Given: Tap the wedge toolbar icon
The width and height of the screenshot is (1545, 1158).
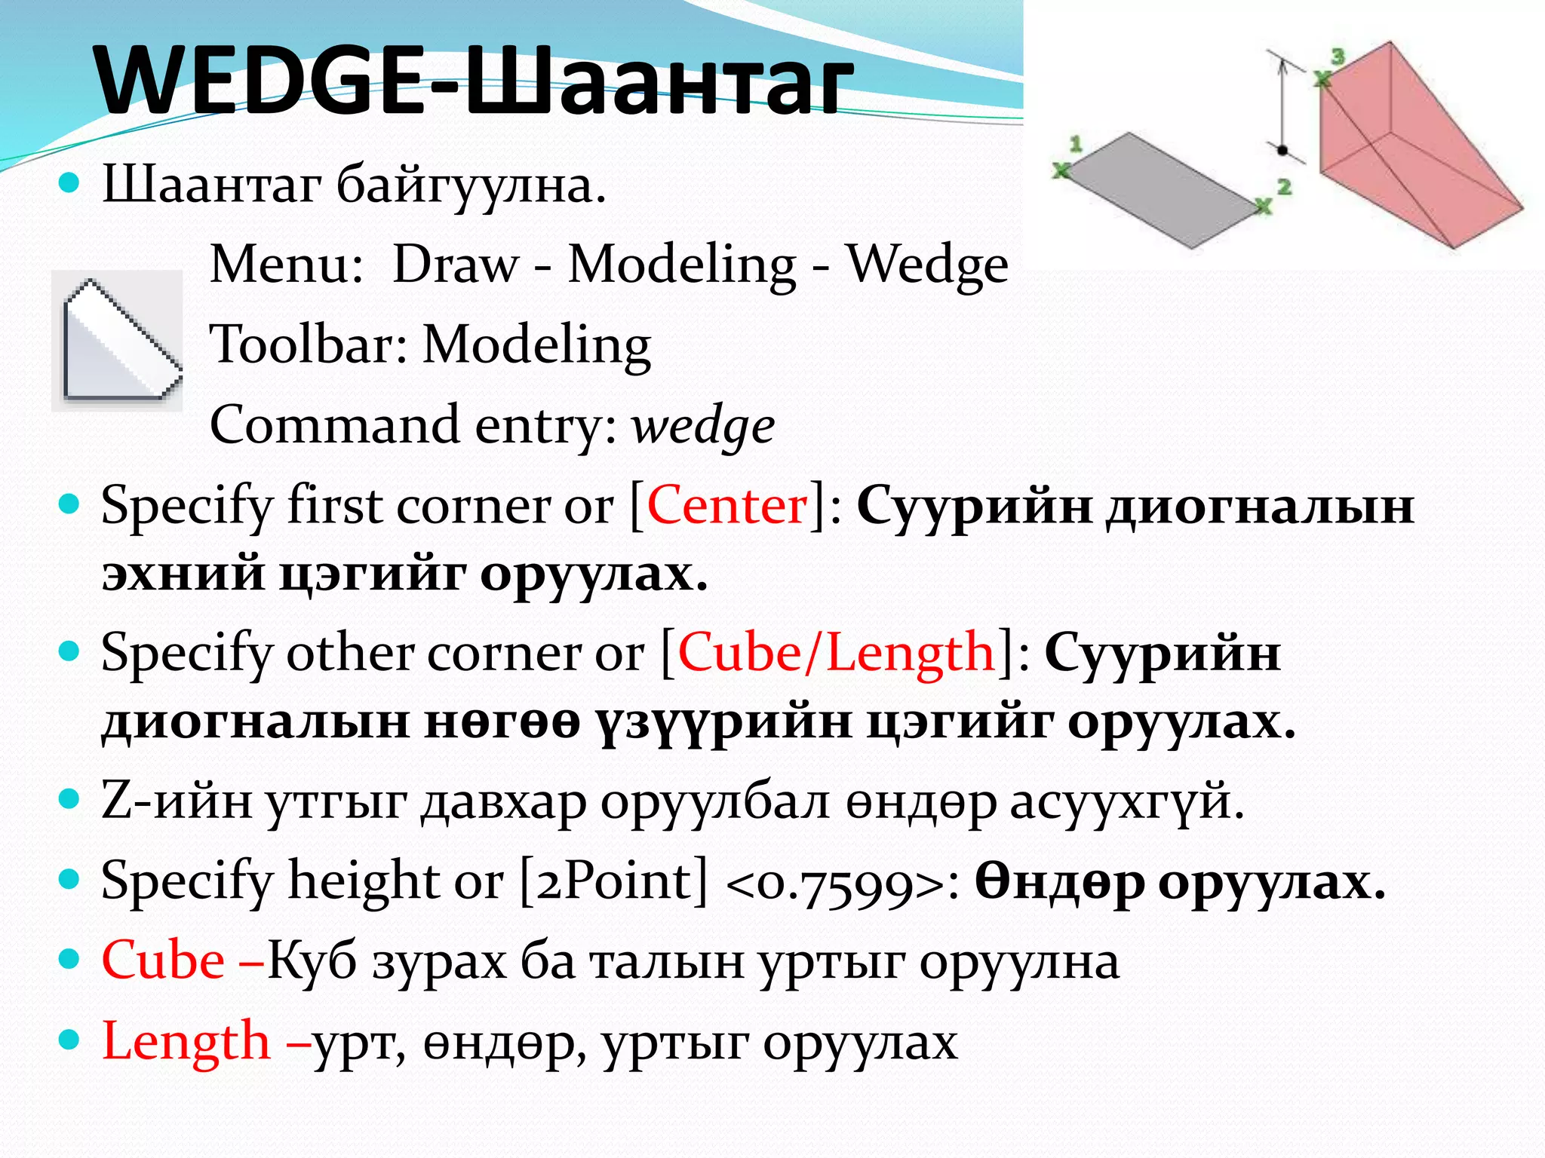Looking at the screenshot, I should pyautogui.click(x=118, y=341).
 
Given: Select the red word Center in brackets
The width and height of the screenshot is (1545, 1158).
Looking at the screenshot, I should pyautogui.click(x=726, y=505).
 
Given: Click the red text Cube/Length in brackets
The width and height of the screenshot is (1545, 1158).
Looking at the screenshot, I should pyautogui.click(x=836, y=652).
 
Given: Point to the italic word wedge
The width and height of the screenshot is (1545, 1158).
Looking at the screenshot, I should pyautogui.click(x=703, y=426).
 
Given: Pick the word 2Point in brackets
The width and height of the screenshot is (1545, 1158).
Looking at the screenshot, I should pyautogui.click(x=614, y=881).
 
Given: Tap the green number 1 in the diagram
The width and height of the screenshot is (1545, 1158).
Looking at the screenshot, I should pyautogui.click(x=1076, y=143).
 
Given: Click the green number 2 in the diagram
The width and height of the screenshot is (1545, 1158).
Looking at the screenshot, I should pyautogui.click(x=1284, y=186).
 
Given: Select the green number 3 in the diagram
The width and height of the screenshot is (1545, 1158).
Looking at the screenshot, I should pyautogui.click(x=1338, y=56).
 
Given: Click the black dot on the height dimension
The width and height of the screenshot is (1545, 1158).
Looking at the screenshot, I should pyautogui.click(x=1282, y=150).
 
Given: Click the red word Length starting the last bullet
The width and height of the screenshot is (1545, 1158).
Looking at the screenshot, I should pyautogui.click(x=186, y=1042).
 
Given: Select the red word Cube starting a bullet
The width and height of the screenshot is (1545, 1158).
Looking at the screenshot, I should pyautogui.click(x=163, y=961).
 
